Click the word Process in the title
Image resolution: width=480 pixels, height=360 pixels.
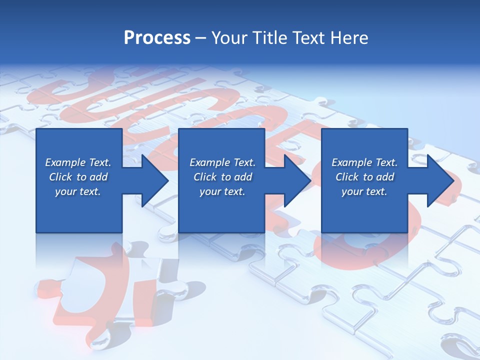[x=157, y=37]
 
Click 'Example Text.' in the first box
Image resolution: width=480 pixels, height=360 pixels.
[x=78, y=162]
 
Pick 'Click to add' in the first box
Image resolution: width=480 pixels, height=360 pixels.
[x=78, y=177]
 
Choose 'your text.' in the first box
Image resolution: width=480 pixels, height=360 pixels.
[x=78, y=191]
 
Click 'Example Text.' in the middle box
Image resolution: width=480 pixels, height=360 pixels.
[x=222, y=162]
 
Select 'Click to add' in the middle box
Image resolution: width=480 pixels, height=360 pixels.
[x=222, y=177]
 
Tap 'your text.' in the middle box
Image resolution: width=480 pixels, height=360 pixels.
[x=222, y=191]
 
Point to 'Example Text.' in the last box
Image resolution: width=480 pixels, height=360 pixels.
[x=364, y=162]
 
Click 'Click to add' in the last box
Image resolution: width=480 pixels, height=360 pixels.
[x=364, y=177]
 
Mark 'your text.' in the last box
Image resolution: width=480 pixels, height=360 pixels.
[x=364, y=191]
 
